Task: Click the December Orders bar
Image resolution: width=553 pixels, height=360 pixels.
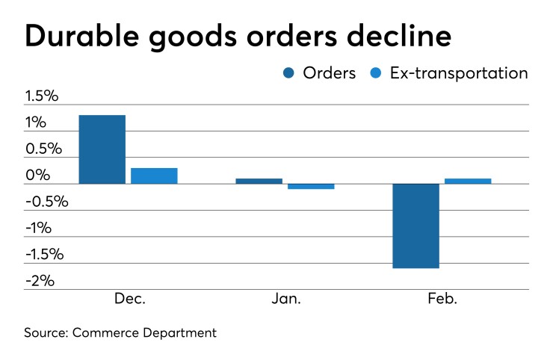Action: click(x=102, y=149)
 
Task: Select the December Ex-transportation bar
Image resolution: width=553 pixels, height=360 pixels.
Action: click(x=154, y=176)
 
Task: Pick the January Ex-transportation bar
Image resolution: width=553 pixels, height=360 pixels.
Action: click(x=311, y=187)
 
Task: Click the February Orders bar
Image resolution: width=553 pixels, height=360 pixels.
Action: click(x=416, y=226)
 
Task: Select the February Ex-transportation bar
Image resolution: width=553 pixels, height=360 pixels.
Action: click(x=468, y=181)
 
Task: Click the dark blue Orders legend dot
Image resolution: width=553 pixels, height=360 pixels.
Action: click(x=288, y=73)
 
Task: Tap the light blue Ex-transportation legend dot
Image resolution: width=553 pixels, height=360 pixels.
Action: click(x=377, y=73)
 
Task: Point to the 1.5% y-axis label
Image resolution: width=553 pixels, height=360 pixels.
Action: click(x=42, y=96)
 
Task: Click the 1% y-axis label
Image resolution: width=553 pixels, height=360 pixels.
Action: click(x=36, y=122)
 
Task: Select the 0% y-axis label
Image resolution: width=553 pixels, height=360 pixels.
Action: click(x=37, y=176)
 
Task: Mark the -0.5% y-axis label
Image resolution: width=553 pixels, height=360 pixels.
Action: click(x=46, y=202)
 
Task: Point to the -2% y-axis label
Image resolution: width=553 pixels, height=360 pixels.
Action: click(x=40, y=281)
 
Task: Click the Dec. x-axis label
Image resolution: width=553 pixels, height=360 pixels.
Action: click(x=130, y=299)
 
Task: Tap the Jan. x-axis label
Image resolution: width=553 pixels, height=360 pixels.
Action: click(x=286, y=299)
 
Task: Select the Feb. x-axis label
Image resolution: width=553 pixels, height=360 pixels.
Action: click(x=443, y=299)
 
